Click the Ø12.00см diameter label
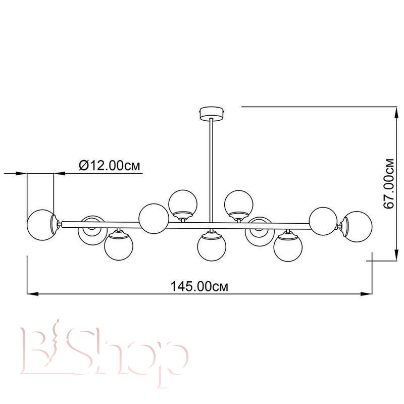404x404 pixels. coord(110,166)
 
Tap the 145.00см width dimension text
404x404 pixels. coord(199,286)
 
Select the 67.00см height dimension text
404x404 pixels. coord(389,184)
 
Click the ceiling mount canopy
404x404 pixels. coord(212,113)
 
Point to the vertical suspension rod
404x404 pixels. coord(212,170)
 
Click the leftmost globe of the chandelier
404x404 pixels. coord(41,225)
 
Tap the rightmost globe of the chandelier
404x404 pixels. coord(358,227)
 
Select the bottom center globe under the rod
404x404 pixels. coord(212,246)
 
